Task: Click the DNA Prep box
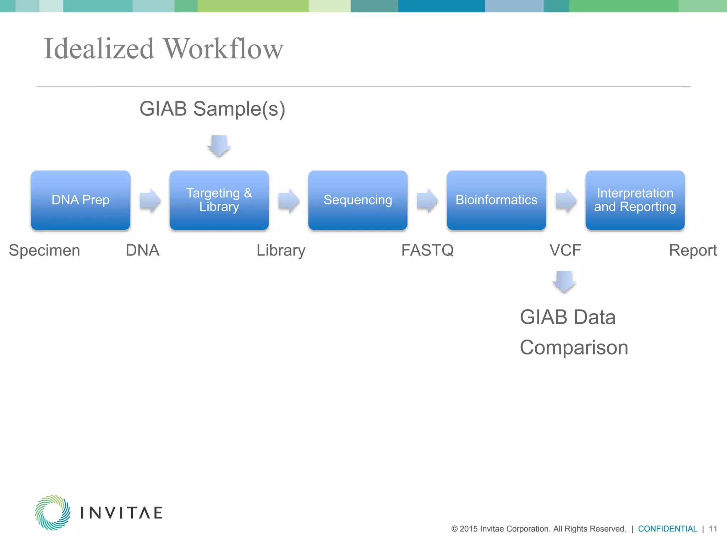[x=81, y=200]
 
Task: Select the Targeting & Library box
[x=219, y=200]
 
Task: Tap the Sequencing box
[x=357, y=200]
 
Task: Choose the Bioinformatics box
[x=496, y=200]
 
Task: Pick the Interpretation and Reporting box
[x=635, y=200]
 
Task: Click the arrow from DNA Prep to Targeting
[x=150, y=200]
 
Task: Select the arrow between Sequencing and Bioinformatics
[x=427, y=200]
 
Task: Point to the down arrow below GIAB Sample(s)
[x=219, y=146]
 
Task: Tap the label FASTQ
[x=427, y=251]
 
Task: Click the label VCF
[x=565, y=251]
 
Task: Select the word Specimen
[x=44, y=251]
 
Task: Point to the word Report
[x=693, y=251]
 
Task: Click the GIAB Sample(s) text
[x=212, y=109]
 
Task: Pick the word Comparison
[x=574, y=347]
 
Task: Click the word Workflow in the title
[x=223, y=49]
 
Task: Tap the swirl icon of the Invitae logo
[x=53, y=512]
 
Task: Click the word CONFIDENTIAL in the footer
[x=667, y=529]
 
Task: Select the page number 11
[x=713, y=529]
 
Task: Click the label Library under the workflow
[x=281, y=251]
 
